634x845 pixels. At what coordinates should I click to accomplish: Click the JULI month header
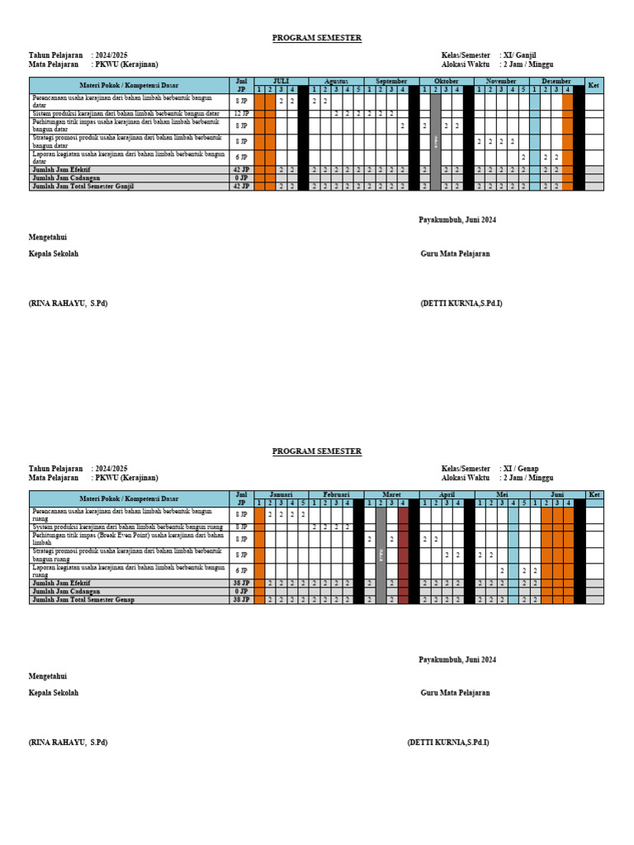[281, 82]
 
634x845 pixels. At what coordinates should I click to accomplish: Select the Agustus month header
[336, 82]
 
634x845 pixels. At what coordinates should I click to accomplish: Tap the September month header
[391, 82]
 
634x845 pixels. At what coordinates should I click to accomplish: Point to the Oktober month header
[447, 82]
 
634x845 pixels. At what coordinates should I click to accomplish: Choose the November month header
[501, 82]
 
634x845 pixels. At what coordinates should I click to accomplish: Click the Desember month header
[556, 82]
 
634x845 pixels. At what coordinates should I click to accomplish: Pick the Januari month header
[281, 494]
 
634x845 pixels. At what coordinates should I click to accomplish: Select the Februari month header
[336, 494]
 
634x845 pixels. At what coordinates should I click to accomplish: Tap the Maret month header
[391, 494]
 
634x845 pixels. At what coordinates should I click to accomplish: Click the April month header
[447, 494]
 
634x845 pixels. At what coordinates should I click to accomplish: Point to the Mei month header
[501, 494]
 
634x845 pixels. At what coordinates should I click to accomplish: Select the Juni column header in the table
[556, 494]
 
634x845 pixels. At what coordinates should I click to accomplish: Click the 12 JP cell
[242, 114]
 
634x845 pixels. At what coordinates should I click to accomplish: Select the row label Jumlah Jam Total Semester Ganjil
[83, 186]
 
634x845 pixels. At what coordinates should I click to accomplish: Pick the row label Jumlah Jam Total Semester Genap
[82, 600]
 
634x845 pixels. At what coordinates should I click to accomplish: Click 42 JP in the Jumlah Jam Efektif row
[242, 170]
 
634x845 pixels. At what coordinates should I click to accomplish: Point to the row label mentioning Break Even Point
[128, 539]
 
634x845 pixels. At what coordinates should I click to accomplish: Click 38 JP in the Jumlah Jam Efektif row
[242, 583]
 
